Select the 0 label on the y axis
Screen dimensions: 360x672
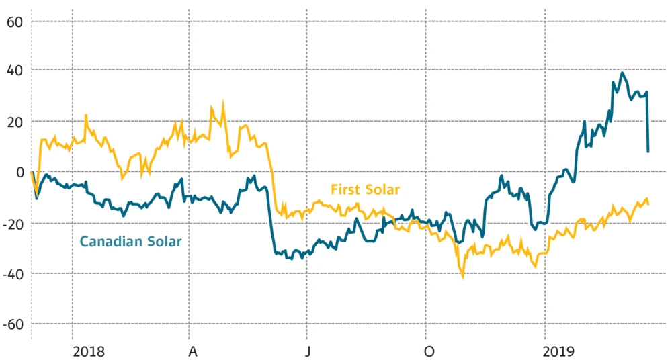click(x=20, y=172)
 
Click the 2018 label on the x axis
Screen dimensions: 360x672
click(x=89, y=351)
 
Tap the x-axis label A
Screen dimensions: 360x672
click(x=193, y=351)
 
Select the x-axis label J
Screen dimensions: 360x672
click(x=308, y=351)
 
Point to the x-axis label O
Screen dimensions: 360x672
click(x=429, y=351)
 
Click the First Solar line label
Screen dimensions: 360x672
click(x=366, y=190)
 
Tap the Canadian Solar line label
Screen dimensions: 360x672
click(x=130, y=241)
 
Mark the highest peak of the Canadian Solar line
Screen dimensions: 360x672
click(x=622, y=73)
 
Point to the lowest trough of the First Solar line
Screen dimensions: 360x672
click(x=462, y=275)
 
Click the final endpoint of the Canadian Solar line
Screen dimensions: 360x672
click(x=648, y=152)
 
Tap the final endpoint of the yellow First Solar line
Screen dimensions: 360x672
click(x=648, y=204)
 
